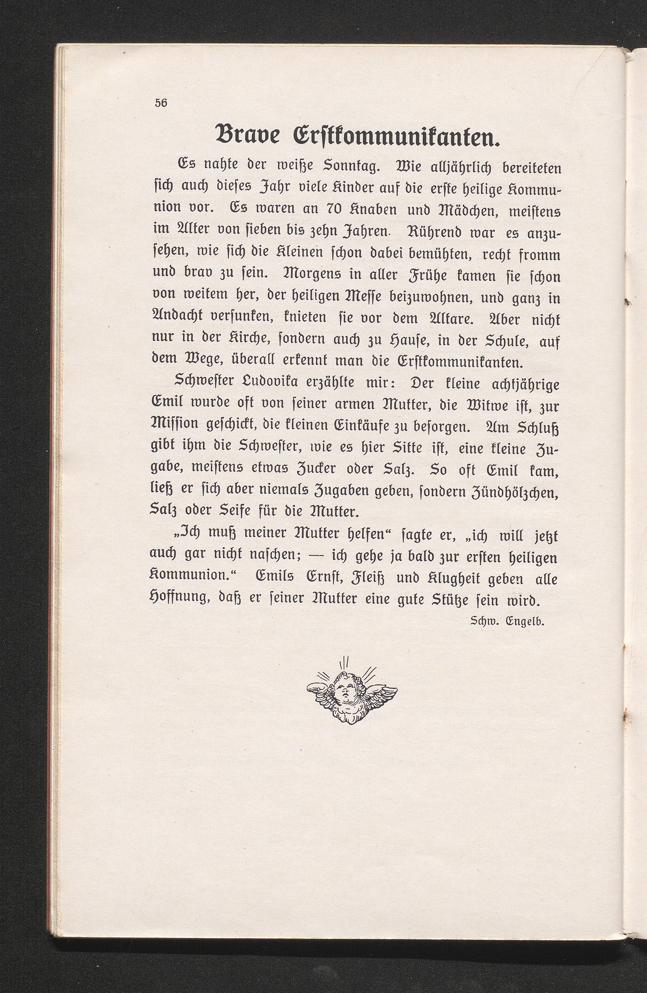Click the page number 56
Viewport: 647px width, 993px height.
tap(161, 103)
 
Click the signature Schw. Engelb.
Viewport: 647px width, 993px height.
tap(507, 622)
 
